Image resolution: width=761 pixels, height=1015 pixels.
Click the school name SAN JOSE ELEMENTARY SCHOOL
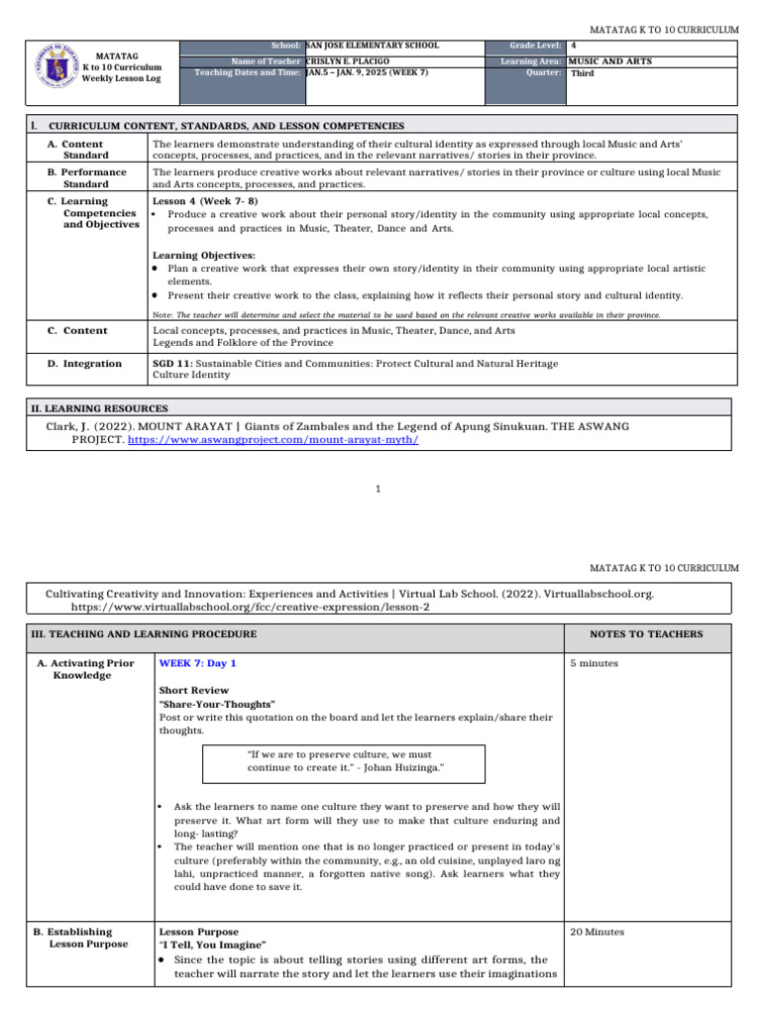(x=373, y=46)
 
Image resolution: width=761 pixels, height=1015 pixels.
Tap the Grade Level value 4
(x=574, y=46)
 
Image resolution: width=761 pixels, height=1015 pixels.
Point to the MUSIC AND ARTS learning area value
(x=609, y=61)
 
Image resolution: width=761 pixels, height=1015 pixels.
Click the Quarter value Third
(x=583, y=73)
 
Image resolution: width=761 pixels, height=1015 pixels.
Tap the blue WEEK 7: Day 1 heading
(x=197, y=662)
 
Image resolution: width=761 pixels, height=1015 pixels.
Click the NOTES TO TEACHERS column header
(x=646, y=634)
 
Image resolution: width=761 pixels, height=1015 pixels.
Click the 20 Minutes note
(x=597, y=932)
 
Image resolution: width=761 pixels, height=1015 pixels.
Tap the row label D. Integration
(x=85, y=364)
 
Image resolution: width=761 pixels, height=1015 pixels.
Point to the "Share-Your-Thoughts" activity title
(x=217, y=704)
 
